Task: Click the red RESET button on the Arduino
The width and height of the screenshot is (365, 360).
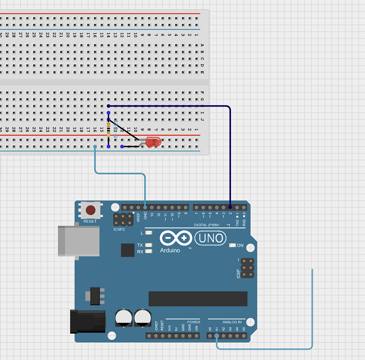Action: tap(90, 210)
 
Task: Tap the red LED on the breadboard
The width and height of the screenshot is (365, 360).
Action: tap(153, 142)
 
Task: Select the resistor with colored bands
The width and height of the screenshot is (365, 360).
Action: tap(109, 128)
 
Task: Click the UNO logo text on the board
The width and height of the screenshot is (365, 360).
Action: tap(209, 238)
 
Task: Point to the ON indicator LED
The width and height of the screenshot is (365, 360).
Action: tap(233, 245)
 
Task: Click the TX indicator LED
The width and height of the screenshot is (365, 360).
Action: tap(148, 245)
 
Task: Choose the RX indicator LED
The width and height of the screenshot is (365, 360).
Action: tap(148, 251)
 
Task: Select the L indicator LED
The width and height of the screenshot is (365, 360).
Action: tap(148, 233)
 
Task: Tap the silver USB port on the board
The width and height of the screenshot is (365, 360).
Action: tap(79, 240)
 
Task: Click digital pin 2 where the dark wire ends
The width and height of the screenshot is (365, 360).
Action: tap(230, 207)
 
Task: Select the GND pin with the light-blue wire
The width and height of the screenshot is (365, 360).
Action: tap(145, 207)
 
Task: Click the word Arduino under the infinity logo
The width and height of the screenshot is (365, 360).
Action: tap(170, 251)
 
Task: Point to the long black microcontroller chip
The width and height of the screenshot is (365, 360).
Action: tap(198, 299)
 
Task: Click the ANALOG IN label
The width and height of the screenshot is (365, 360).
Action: tap(232, 322)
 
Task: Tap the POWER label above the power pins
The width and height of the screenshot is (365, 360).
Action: tap(194, 322)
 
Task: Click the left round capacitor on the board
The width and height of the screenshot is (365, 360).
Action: tap(123, 318)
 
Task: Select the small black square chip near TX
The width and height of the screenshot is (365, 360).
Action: tap(128, 250)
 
